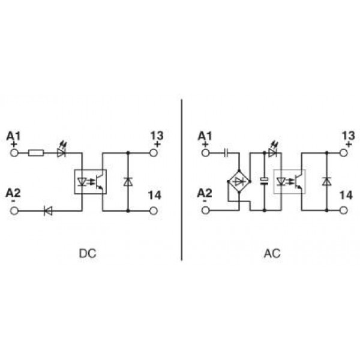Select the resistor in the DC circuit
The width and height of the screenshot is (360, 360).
(37, 152)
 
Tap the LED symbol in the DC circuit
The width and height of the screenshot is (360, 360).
(61, 152)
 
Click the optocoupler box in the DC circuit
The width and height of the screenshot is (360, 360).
(90, 181)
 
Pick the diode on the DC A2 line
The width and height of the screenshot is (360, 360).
(49, 210)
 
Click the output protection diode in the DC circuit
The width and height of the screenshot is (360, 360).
(128, 181)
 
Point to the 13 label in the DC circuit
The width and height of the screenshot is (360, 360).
(156, 135)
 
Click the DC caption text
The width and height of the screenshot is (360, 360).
(87, 253)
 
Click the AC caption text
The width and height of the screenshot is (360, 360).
(272, 253)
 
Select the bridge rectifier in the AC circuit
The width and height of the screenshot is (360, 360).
(239, 181)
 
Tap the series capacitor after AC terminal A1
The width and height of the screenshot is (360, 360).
(227, 152)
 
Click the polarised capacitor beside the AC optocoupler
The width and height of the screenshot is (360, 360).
(264, 181)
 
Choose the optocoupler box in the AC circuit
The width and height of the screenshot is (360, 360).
(290, 181)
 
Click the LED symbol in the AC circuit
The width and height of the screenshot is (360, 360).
(273, 152)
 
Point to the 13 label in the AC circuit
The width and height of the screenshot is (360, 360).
(347, 135)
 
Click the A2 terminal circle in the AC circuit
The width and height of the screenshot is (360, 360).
(206, 210)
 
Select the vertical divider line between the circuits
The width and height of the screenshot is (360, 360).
(181, 180)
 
